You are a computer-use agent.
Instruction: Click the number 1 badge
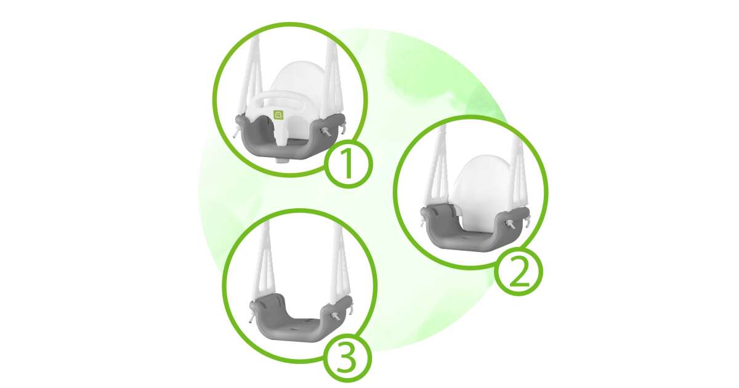pyautogui.click(x=348, y=164)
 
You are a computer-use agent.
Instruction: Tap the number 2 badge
pyautogui.click(x=519, y=272)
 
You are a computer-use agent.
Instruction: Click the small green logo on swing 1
pyautogui.click(x=279, y=115)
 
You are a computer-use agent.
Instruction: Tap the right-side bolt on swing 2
pyautogui.click(x=510, y=224)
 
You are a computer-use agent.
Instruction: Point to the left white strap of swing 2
pyautogui.click(x=437, y=172)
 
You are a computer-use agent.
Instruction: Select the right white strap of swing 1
pyautogui.click(x=331, y=76)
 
